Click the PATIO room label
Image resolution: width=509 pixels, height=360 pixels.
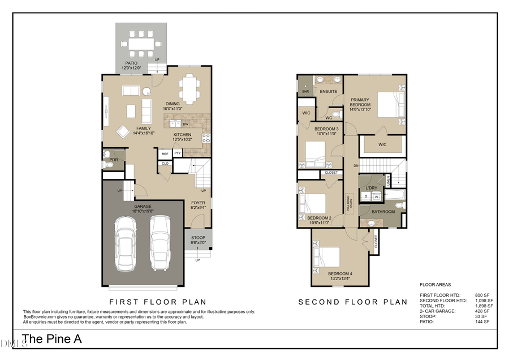coord(131,63)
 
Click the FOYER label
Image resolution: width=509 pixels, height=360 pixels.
coord(198,203)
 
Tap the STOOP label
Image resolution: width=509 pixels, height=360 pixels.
coord(198,238)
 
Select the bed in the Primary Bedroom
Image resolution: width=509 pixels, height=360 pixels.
coord(390,105)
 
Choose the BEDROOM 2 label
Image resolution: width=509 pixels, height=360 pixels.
coord(319,218)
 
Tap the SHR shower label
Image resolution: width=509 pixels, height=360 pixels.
coord(305,91)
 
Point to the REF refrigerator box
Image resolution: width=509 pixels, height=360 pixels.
coord(165,153)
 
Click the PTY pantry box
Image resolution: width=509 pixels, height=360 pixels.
coord(178,153)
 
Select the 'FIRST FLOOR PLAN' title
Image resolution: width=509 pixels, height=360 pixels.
coord(157,302)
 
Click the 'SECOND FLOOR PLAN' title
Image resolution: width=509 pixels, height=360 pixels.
coord(352,302)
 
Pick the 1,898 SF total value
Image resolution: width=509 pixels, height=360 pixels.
coord(484,306)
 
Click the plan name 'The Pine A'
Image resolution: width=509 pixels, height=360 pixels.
coord(52,339)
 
